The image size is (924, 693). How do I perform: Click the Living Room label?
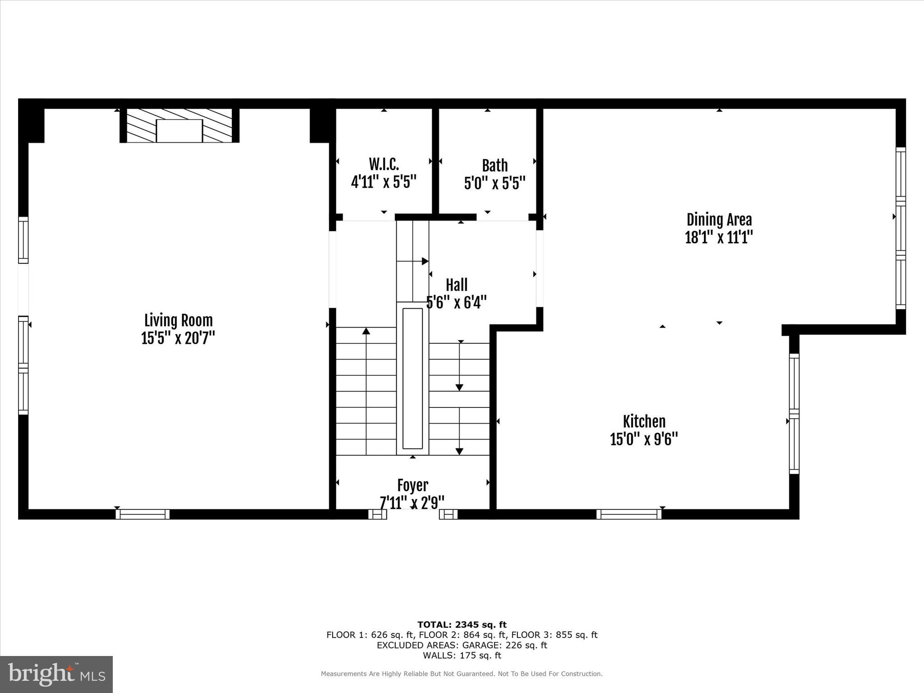click(178, 320)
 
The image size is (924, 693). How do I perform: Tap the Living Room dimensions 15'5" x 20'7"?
click(178, 338)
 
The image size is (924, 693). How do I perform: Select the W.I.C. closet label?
click(383, 165)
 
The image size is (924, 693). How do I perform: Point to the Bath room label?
click(494, 166)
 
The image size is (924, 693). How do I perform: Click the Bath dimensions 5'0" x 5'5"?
click(494, 183)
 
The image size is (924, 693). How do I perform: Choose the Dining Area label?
click(719, 220)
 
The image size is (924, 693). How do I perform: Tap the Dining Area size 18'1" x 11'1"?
click(719, 237)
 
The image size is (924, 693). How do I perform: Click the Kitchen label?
click(644, 421)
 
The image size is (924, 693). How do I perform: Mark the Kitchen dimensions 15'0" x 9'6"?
click(644, 439)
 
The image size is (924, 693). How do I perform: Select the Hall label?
click(457, 285)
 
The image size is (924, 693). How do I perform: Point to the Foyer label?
click(412, 485)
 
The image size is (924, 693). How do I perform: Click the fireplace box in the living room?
click(179, 131)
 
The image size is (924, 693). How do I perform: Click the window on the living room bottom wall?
click(143, 514)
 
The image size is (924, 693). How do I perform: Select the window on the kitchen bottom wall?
click(628, 514)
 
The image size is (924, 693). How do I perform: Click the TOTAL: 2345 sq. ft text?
click(462, 624)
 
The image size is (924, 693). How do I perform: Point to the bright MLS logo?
click(56, 674)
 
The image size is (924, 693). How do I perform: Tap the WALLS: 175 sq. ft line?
click(462, 655)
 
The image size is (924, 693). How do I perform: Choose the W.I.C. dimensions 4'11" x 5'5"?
click(383, 182)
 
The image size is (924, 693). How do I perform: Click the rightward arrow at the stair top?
click(425, 261)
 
